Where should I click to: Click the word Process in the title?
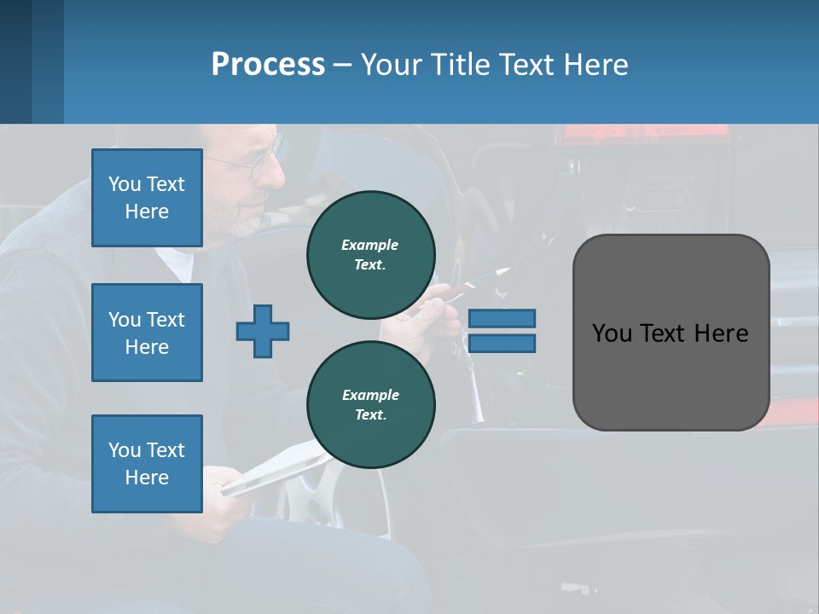pyautogui.click(x=268, y=65)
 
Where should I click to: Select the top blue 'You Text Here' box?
pyautogui.click(x=147, y=198)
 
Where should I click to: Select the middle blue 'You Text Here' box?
pyautogui.click(x=147, y=333)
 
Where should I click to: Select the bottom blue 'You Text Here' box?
pyautogui.click(x=147, y=464)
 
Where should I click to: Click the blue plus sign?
pyautogui.click(x=263, y=331)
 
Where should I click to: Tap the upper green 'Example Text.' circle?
pyautogui.click(x=371, y=255)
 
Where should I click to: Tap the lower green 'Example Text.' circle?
pyautogui.click(x=371, y=405)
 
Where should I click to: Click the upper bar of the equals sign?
pyautogui.click(x=502, y=318)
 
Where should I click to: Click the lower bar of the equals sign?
pyautogui.click(x=502, y=343)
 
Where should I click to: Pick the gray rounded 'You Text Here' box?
pyautogui.click(x=671, y=333)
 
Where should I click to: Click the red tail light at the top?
pyautogui.click(x=640, y=134)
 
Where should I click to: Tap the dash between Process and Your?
pyautogui.click(x=342, y=65)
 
